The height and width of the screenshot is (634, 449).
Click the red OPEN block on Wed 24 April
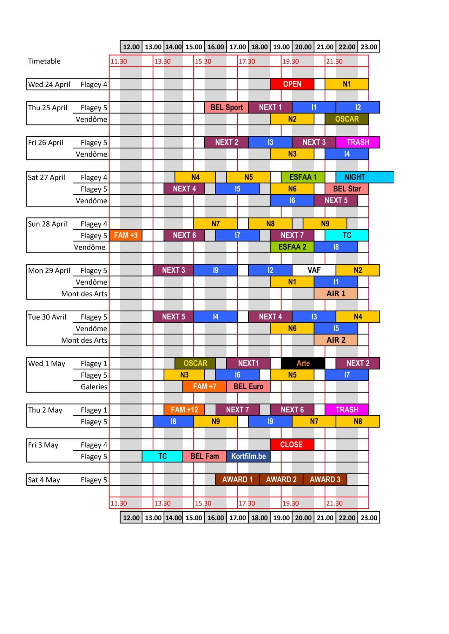(292, 84)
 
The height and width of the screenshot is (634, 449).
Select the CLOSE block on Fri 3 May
(292, 444)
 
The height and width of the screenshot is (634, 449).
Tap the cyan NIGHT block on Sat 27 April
(365, 177)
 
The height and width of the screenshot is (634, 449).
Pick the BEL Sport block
(226, 107)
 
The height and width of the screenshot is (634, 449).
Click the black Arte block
(303, 363)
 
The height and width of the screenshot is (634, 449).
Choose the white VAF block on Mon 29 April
(314, 270)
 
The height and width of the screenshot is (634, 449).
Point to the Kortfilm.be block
(248, 456)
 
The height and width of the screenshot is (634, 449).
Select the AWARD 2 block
(281, 479)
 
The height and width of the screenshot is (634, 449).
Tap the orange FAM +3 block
(126, 235)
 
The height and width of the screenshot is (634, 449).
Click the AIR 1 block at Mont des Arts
(336, 294)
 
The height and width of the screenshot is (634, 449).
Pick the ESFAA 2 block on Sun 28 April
(292, 247)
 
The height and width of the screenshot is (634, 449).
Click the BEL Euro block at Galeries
(248, 386)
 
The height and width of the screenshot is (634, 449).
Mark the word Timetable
(44, 61)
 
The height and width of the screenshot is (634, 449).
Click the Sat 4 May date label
(44, 480)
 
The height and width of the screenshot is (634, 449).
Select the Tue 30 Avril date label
(47, 317)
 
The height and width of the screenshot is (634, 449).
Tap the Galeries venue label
(94, 387)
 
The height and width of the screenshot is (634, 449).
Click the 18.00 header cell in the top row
(259, 47)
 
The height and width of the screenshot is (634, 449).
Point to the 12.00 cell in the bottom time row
(131, 518)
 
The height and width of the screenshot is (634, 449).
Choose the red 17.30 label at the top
(247, 61)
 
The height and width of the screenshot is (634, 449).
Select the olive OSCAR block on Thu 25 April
(347, 119)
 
